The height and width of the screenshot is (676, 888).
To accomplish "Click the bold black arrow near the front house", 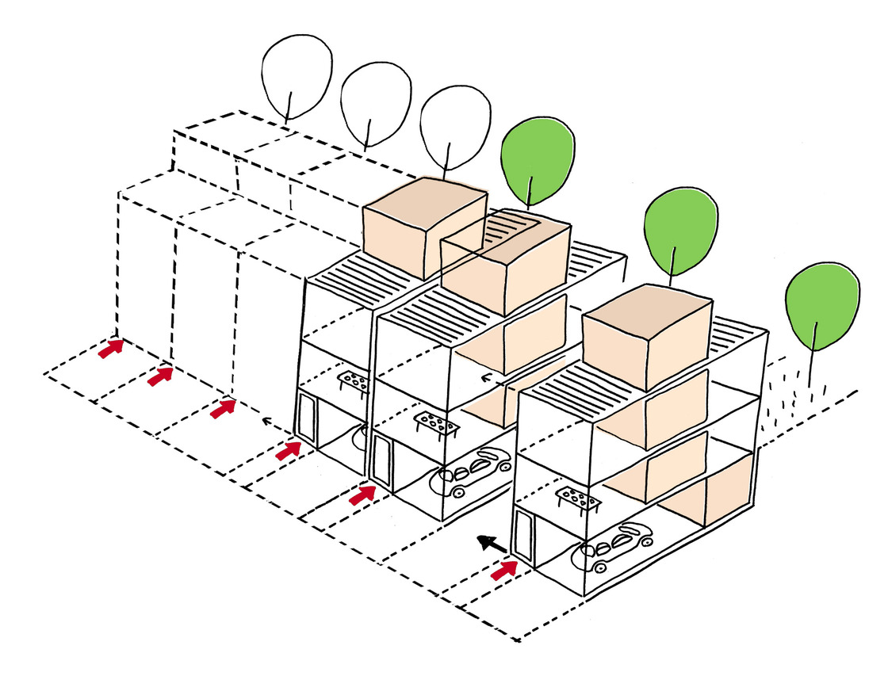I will click(x=492, y=544).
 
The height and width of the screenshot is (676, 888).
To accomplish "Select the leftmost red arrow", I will click(x=111, y=348).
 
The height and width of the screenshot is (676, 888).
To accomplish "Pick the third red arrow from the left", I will click(x=224, y=408).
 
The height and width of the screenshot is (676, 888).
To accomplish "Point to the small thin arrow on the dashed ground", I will click(x=270, y=422).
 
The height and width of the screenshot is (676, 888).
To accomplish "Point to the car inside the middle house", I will click(x=472, y=472).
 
